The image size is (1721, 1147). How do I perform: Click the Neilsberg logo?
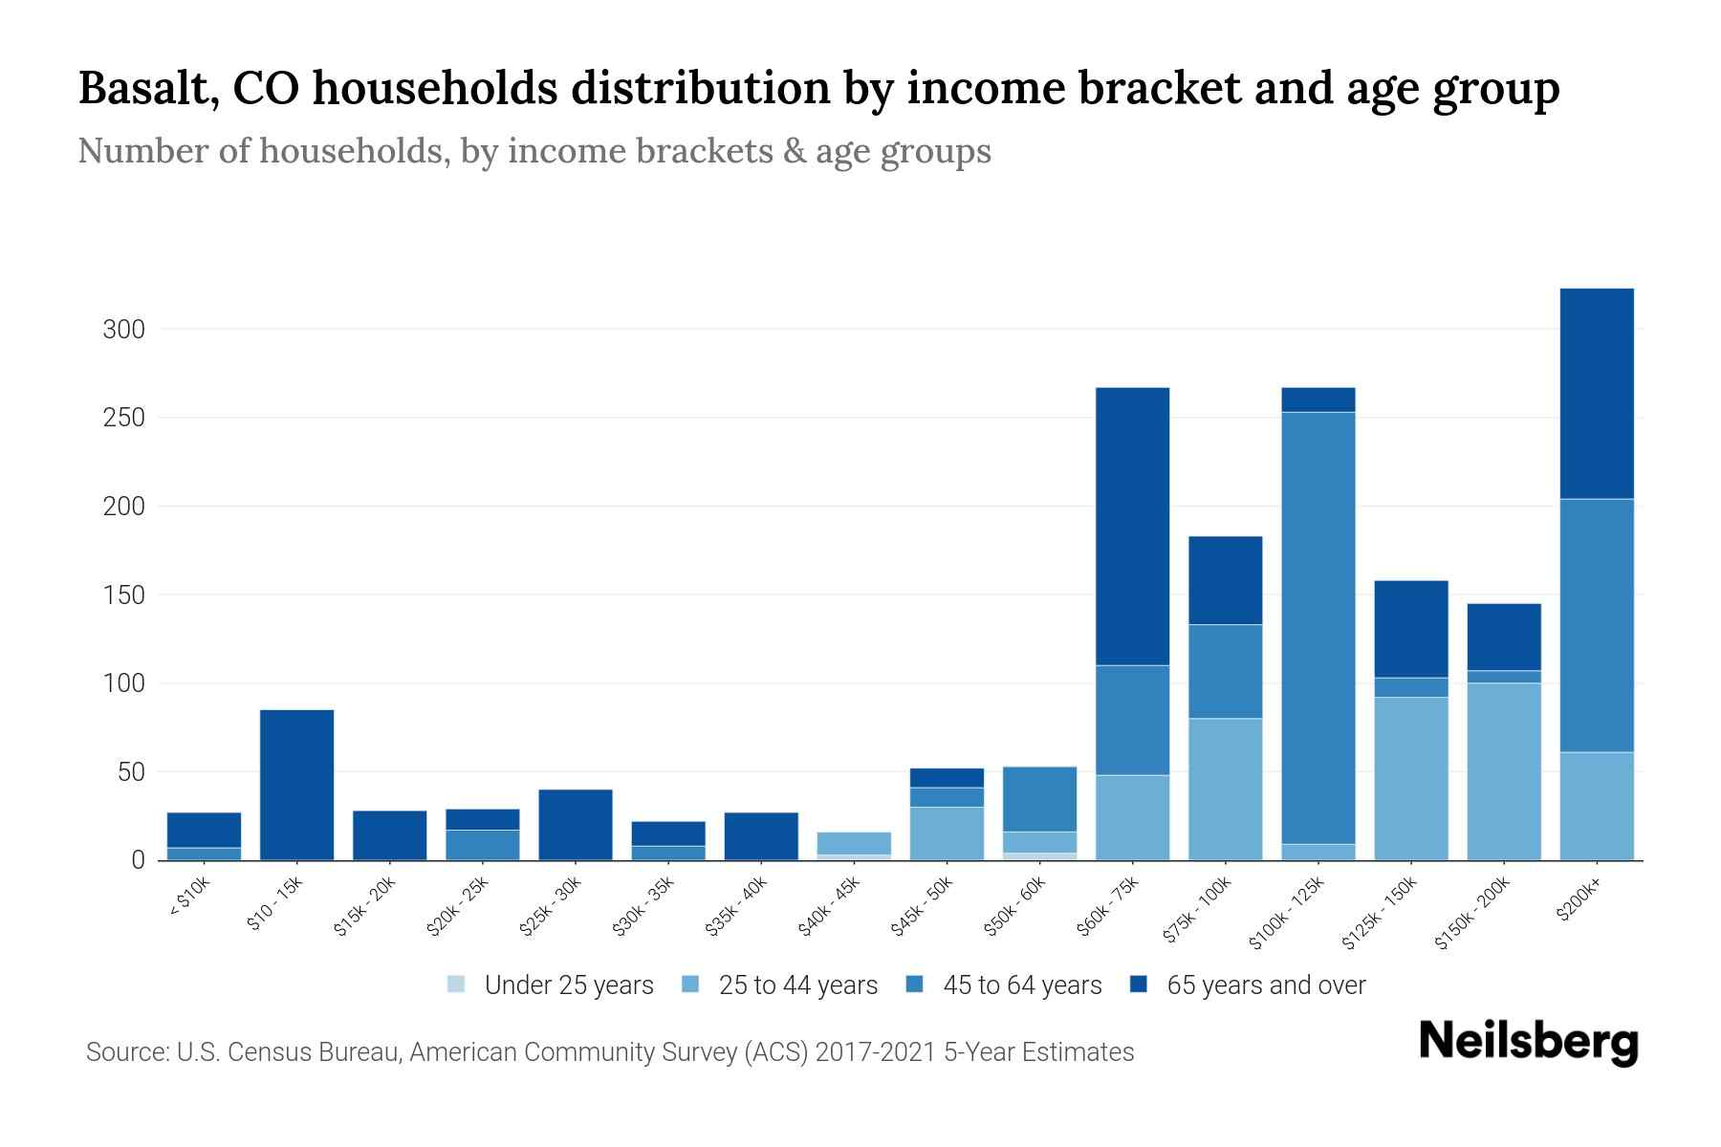(x=1528, y=1042)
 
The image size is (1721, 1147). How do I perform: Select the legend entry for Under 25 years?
(x=568, y=985)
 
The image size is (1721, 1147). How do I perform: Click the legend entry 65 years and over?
(x=1265, y=985)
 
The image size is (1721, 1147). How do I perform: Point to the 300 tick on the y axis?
(x=123, y=330)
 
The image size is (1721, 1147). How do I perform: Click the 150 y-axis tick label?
(x=123, y=595)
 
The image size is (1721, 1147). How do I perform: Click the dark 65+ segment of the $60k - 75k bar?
(x=1132, y=526)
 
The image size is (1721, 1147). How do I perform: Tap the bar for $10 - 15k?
(x=296, y=784)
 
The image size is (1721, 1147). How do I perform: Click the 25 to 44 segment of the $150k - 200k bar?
(x=1504, y=770)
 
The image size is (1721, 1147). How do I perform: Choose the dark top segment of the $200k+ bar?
(x=1597, y=393)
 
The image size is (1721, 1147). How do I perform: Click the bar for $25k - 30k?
(x=576, y=824)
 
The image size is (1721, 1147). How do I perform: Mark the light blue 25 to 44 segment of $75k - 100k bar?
(x=1225, y=789)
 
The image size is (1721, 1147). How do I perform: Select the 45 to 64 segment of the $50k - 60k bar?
(x=1039, y=798)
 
